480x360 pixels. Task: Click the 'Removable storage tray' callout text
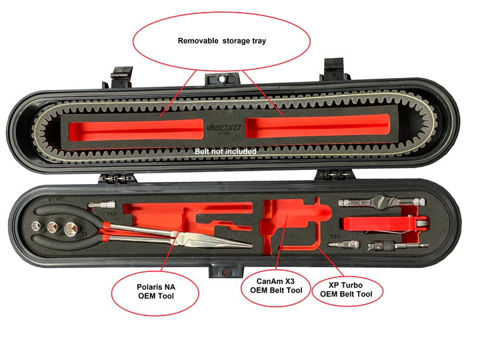[x=221, y=41]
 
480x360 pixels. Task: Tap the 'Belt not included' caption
[x=225, y=151]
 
